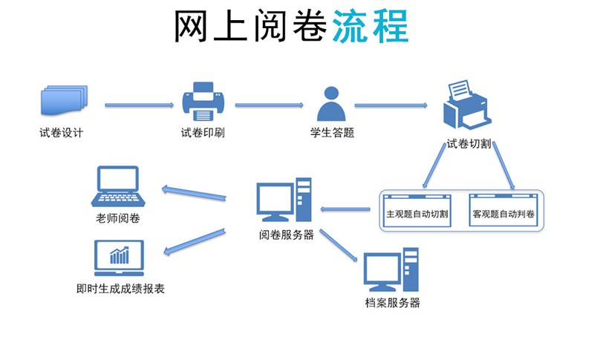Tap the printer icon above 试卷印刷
(203, 102)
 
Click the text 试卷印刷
(202, 134)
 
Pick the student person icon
(332, 104)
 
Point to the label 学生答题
(332, 134)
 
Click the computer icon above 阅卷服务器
(284, 200)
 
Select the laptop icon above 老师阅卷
(118, 187)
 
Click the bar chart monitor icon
(118, 258)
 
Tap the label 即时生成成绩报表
(120, 288)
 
